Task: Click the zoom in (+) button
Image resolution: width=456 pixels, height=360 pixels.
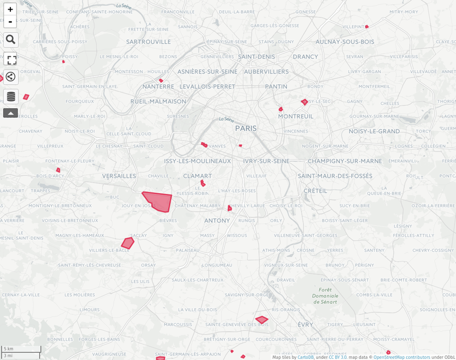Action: coord(10,9)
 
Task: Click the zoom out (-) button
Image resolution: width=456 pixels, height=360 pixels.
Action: coord(10,22)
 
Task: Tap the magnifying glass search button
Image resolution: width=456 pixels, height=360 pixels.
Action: coord(10,40)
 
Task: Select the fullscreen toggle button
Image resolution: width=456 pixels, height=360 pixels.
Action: coord(11,60)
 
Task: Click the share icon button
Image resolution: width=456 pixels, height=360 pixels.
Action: coord(10,76)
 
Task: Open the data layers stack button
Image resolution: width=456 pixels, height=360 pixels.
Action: coord(11,96)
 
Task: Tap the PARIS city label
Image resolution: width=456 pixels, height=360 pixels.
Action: coord(246,129)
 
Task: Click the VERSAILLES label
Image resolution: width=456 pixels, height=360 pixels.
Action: coord(119,176)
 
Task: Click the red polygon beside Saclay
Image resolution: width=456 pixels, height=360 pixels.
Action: coord(128,243)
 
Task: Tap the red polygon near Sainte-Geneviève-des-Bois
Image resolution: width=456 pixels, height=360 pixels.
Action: coord(262,320)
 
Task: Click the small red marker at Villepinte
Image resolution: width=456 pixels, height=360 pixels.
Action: coord(367,26)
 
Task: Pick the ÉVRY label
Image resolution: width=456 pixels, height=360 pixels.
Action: coord(306,324)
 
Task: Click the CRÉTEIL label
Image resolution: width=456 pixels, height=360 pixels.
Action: coord(316,191)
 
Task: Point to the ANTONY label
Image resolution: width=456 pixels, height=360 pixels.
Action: coord(217,220)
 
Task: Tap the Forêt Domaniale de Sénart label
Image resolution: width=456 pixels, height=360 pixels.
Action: coord(325,296)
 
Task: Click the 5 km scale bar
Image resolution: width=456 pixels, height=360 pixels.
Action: coord(21,349)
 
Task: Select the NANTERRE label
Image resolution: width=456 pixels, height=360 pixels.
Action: coord(158,87)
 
